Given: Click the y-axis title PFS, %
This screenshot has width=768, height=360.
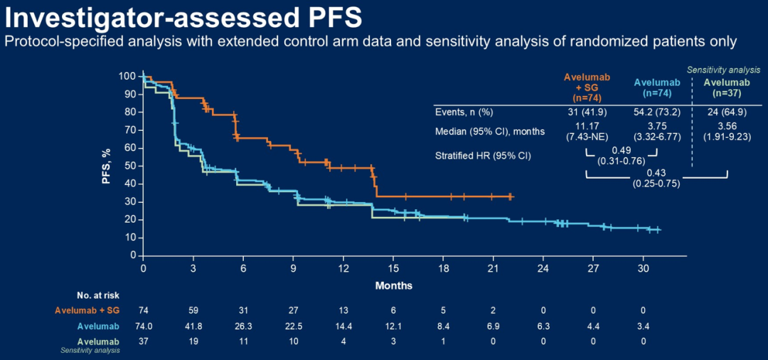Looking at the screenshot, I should coord(106,166).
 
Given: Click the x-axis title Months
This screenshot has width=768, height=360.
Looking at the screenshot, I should coord(394,285).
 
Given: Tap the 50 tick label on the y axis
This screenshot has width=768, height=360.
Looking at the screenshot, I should coord(129,166).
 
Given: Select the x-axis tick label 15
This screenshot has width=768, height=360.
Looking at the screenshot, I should coord(393,268).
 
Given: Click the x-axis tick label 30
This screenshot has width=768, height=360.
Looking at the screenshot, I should coord(643,268).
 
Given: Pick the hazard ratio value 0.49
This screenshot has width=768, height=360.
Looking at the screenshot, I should coord(621,151).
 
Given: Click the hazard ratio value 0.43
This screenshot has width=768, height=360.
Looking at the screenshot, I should coord(656,174).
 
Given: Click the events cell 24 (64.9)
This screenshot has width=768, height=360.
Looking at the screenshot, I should coord(726,112).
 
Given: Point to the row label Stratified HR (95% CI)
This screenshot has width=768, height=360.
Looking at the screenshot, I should coord(483,154).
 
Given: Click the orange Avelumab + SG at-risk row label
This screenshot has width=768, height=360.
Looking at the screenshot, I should coord(87,310).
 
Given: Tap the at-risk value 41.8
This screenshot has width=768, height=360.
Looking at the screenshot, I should coord(193,326).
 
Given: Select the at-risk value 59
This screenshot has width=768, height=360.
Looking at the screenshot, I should coord(193,310).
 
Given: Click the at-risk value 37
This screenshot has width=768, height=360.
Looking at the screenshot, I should coord(144,342).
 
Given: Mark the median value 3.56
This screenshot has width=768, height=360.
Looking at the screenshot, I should coord(726,127).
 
